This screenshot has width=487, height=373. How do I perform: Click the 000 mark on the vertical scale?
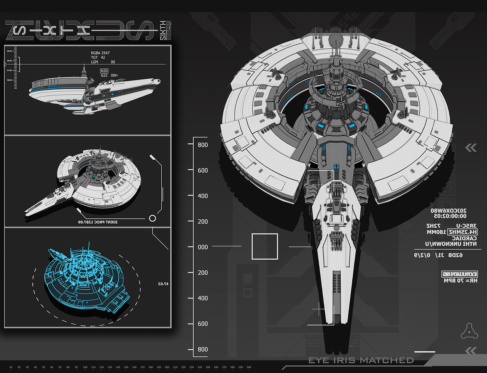[203, 247]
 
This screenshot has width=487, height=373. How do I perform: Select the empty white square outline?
[265, 247]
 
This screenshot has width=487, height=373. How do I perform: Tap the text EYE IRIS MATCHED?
[361, 360]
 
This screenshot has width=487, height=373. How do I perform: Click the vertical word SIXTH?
[163, 30]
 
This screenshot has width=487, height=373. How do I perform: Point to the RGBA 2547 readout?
[100, 53]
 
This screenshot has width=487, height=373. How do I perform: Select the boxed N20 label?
[104, 71]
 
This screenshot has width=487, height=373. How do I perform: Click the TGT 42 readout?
[98, 57]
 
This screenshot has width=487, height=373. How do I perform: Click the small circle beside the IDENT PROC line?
[153, 218]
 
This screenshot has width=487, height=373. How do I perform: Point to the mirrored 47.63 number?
[163, 284]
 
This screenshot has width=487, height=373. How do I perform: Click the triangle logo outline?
[469, 332]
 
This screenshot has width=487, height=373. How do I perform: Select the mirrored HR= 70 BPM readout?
[460, 281]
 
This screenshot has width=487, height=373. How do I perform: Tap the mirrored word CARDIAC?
[464, 238]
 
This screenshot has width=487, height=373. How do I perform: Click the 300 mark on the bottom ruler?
[249, 367]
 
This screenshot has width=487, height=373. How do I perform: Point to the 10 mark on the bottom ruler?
[11, 367]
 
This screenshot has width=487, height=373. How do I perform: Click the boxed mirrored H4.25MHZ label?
[462, 232]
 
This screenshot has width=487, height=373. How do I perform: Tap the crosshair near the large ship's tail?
[318, 310]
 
